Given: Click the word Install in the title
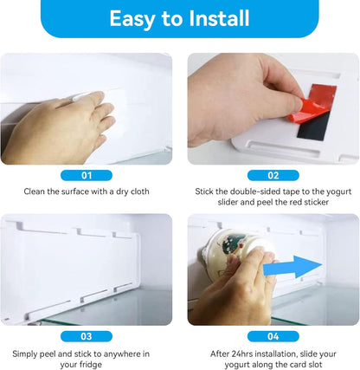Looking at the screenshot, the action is tap(219, 18).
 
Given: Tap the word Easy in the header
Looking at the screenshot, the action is tap(133, 20).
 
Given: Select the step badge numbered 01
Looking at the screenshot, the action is tap(87, 175).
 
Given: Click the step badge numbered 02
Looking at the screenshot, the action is tap(273, 175).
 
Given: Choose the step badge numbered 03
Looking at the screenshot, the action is tap(87, 336).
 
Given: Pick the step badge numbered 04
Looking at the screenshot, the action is tap(273, 336).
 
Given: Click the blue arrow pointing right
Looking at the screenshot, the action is tap(292, 267).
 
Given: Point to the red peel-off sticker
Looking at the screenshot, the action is tap(313, 102).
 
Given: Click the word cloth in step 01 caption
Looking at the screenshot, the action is tap(140, 191).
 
